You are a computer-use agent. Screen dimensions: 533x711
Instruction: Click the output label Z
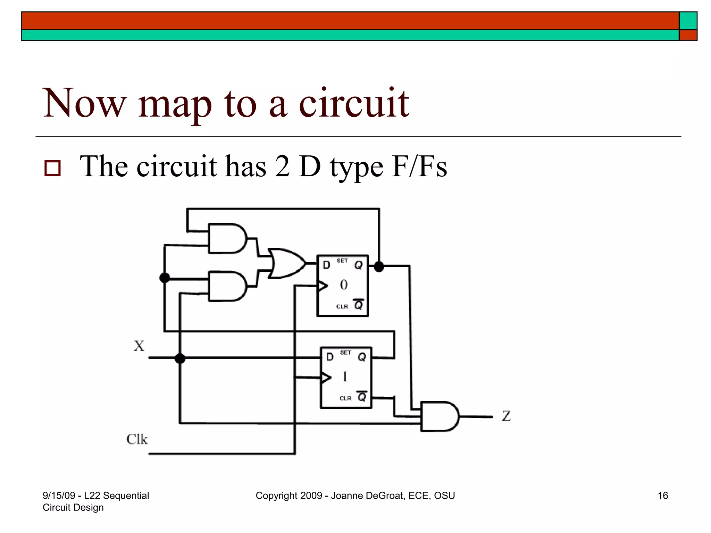coord(507,416)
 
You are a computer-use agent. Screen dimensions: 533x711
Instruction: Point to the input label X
coord(139,346)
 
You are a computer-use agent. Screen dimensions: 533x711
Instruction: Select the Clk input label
coord(137,439)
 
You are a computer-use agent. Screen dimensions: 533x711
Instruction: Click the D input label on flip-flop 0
coord(326,265)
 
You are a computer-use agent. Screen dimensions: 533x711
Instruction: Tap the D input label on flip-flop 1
coord(330,357)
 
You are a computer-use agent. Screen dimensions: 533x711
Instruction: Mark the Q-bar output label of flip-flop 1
coord(362,396)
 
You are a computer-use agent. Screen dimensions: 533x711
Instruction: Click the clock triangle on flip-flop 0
coord(323,286)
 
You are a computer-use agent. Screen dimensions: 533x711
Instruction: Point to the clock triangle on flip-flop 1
coord(326,377)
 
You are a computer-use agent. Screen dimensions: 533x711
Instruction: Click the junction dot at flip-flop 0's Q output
coord(379,266)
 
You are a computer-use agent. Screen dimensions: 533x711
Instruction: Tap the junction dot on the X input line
coord(180,358)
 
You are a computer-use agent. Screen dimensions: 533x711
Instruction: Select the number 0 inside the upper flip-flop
coord(344,285)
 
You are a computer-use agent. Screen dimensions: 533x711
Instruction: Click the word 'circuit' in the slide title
coord(354,103)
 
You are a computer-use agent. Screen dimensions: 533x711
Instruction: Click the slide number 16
coord(663,496)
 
